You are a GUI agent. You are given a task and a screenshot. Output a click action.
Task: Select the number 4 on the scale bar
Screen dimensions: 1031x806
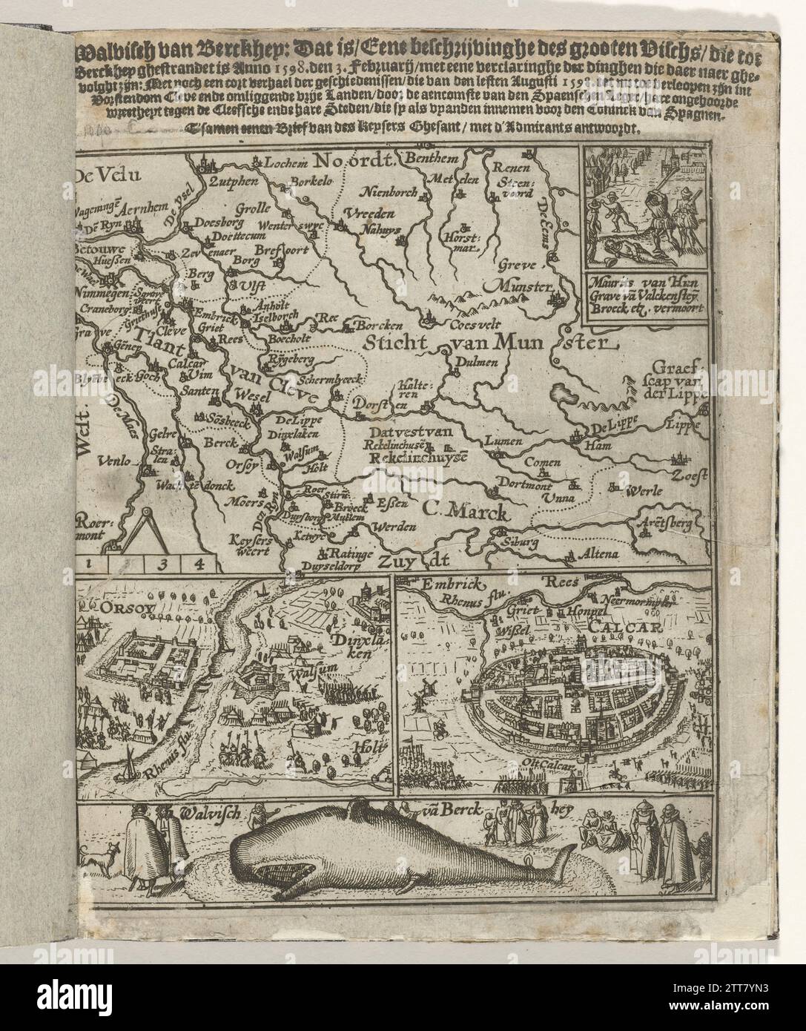pos(197,563)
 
